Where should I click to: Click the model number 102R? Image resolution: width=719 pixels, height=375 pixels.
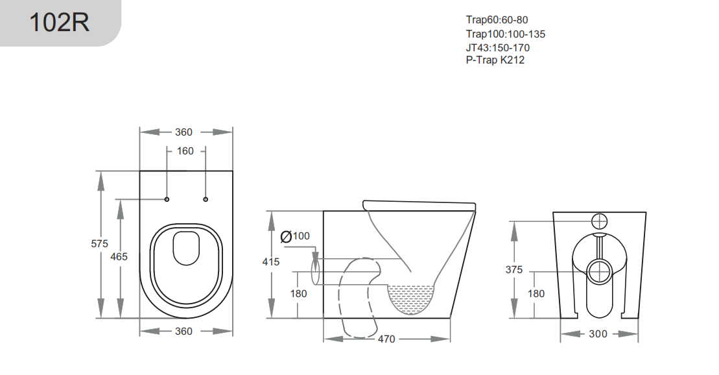coord(59,23)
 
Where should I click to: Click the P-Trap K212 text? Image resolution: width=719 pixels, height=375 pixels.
coord(495,60)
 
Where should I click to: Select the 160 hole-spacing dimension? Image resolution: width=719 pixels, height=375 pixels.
coord(185,151)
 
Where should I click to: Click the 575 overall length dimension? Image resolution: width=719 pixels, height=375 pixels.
coord(100,244)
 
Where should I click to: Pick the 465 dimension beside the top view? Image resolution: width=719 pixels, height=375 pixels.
coord(119,256)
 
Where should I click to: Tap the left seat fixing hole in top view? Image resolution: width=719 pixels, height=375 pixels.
coord(167,199)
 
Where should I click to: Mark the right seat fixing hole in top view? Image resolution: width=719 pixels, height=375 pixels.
coord(206,199)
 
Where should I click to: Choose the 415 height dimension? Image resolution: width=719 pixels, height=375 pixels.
coord(271,262)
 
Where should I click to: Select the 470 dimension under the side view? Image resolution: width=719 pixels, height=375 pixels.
coord(386,339)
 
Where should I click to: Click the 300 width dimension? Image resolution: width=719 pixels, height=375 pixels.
coord(598,333)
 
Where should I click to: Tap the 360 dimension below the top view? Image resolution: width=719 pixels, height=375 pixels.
coord(184,331)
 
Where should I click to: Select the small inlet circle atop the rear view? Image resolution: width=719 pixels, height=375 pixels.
coord(599,221)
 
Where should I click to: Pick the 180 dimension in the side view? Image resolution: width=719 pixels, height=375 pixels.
coord(298,293)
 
